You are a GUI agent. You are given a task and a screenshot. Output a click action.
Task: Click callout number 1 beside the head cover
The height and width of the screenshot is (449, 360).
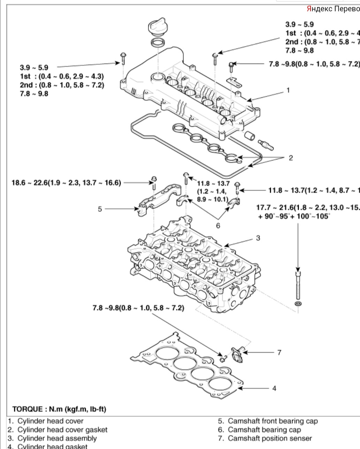click(x=288, y=90)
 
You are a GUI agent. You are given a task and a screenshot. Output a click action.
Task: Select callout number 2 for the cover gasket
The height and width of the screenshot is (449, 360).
click(x=291, y=158)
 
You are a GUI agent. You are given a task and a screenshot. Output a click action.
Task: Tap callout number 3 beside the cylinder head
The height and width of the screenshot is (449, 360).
click(x=258, y=238)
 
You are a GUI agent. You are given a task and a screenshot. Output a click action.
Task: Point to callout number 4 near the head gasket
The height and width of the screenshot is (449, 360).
click(x=274, y=388)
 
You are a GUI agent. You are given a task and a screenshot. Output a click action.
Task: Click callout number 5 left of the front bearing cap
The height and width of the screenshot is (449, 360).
click(x=100, y=209)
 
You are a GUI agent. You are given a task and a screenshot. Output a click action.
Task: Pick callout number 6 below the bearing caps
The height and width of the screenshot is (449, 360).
click(x=218, y=226)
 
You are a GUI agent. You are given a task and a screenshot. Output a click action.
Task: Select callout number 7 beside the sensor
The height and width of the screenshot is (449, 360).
click(x=279, y=352)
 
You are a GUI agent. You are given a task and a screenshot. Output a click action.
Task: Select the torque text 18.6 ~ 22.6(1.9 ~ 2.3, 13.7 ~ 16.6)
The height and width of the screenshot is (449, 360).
click(x=66, y=182)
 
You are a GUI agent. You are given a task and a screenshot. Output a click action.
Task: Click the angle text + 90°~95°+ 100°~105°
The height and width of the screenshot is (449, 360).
click(x=294, y=216)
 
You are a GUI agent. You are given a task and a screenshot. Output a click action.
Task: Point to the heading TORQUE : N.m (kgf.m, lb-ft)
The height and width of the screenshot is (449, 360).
click(x=59, y=409)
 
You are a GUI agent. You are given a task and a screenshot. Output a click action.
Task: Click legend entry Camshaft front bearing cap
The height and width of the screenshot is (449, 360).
click(x=273, y=421)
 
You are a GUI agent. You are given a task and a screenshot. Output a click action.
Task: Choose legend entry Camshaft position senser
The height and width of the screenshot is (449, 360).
click(x=270, y=438)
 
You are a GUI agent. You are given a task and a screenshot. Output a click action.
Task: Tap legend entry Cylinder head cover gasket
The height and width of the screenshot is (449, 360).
click(x=62, y=430)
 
